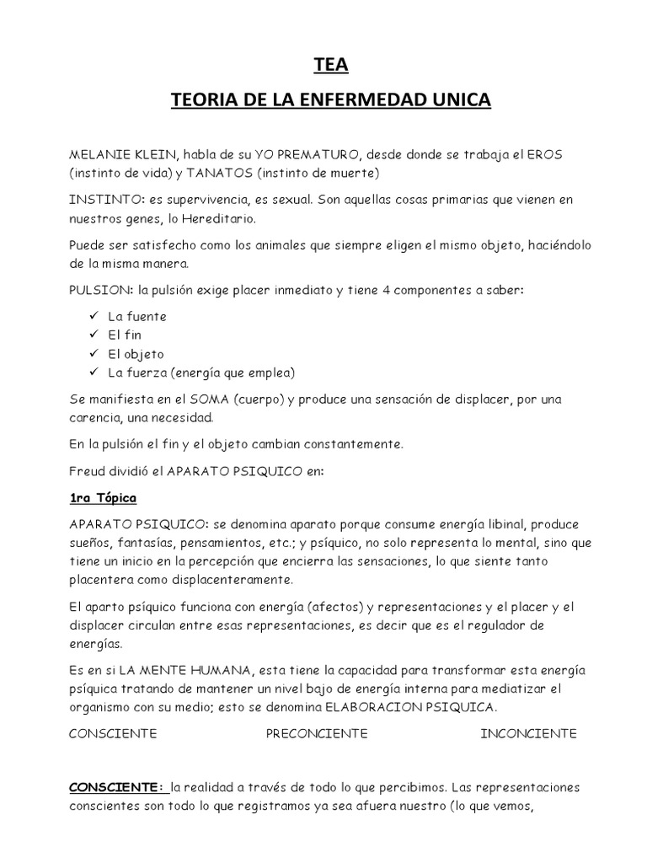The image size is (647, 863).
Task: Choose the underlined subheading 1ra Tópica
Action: [x=102, y=497]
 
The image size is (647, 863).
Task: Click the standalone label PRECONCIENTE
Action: [x=317, y=733]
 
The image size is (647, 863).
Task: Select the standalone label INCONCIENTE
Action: [x=528, y=733]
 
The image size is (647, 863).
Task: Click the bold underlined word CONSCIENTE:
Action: [x=115, y=788]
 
